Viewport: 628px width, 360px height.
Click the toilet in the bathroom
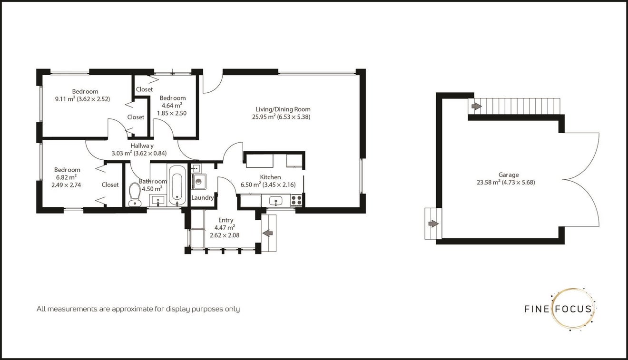(x=135, y=195)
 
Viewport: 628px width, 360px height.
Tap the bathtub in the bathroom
(x=177, y=185)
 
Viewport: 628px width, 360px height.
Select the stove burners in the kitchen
(x=296, y=200)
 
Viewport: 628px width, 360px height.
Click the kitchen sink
(x=275, y=201)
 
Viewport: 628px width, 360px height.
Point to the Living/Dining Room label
(x=283, y=109)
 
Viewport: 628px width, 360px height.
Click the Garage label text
(x=509, y=175)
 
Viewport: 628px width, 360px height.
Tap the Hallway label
(x=142, y=146)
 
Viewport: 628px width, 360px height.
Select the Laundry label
(x=202, y=197)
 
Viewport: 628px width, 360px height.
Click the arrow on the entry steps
(x=268, y=233)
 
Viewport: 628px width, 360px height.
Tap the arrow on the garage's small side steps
(x=433, y=224)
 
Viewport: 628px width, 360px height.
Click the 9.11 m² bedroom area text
(x=65, y=99)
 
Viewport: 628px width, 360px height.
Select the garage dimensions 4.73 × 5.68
(x=519, y=183)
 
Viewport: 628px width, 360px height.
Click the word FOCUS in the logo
(x=574, y=309)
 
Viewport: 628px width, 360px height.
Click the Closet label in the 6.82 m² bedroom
(x=110, y=185)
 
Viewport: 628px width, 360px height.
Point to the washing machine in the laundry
(x=199, y=181)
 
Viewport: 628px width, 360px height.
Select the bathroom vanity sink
(x=158, y=200)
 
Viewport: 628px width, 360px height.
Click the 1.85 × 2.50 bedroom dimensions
(x=172, y=113)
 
